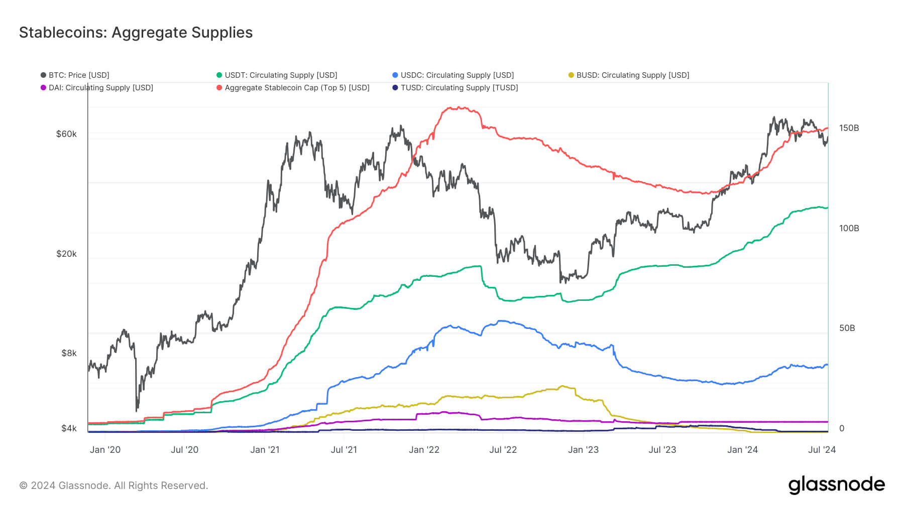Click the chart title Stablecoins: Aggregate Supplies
[136, 33]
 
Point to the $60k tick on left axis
[66, 134]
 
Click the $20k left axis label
[66, 254]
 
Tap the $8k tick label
[69, 353]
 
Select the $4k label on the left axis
[69, 428]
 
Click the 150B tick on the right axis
[849, 128]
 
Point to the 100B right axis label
[849, 228]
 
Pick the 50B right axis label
[847, 328]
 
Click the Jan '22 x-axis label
[424, 450]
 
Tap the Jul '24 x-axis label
[822, 450]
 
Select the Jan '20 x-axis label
[105, 450]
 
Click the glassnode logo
[836, 485]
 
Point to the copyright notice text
[114, 485]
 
